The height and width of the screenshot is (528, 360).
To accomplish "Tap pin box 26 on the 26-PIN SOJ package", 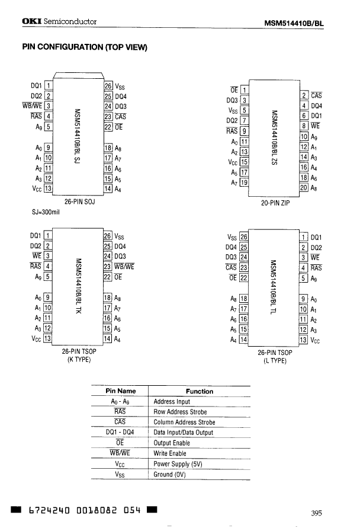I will click(x=108, y=85).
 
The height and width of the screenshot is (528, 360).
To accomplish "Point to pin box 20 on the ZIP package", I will click(x=304, y=188).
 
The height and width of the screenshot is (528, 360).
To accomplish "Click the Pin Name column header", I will click(x=120, y=391).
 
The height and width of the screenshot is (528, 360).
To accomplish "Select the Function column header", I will click(x=200, y=391).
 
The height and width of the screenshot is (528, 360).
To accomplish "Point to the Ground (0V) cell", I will click(x=171, y=475).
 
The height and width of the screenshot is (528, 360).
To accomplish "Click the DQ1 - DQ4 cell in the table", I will click(x=120, y=433).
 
